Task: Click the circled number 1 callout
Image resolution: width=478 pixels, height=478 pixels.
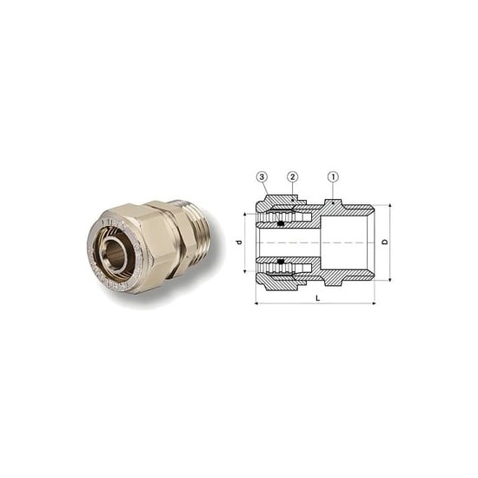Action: click(x=333, y=176)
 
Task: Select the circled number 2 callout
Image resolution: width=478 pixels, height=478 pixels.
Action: click(x=293, y=176)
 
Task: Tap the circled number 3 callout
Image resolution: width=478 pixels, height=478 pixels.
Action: click(x=262, y=176)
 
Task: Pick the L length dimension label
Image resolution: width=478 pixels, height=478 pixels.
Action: click(x=317, y=298)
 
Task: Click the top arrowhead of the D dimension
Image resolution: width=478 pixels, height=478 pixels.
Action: click(x=388, y=207)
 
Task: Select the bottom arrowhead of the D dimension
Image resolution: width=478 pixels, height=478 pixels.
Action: click(x=388, y=279)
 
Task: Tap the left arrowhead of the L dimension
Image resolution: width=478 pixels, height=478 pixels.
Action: click(x=257, y=303)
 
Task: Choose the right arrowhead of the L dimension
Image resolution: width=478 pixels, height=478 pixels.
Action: click(x=373, y=303)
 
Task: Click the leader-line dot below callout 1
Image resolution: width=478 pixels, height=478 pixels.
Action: click(x=333, y=202)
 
